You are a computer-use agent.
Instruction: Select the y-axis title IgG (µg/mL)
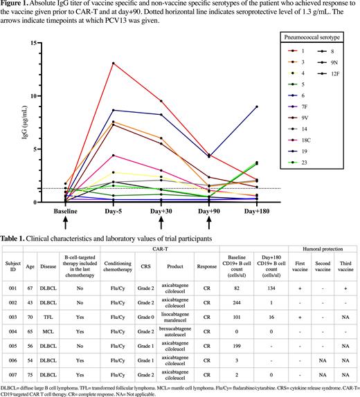coord(24,123)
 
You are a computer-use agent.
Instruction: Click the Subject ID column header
coord(12,267)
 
